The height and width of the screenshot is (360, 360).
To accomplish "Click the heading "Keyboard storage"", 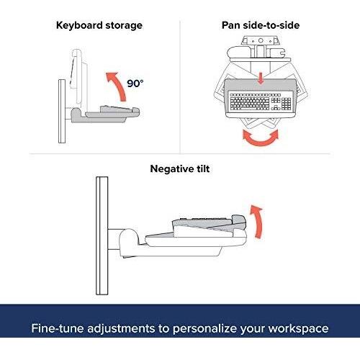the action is click(99, 25).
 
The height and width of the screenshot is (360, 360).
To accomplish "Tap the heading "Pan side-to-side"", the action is click(261, 25).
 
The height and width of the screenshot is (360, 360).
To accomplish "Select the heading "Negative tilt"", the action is click(180, 168).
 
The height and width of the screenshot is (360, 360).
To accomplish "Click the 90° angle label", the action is click(135, 84).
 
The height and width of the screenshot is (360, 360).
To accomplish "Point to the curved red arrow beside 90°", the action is click(117, 84).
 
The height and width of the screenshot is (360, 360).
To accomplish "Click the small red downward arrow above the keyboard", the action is click(261, 79).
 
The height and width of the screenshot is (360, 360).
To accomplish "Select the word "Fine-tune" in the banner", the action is click(58, 328).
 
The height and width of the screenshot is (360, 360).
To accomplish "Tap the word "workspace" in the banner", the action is click(298, 328).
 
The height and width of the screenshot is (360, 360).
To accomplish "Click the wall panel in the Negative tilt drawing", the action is click(102, 235).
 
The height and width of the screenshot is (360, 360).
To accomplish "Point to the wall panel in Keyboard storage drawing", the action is click(62, 112).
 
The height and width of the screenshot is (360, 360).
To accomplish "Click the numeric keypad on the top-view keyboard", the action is click(286, 103).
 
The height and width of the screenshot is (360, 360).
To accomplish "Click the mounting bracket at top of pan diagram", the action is click(261, 41).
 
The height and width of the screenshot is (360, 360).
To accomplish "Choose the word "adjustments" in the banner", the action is click(121, 328).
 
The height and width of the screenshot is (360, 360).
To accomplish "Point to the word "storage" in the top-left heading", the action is click(124, 26).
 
